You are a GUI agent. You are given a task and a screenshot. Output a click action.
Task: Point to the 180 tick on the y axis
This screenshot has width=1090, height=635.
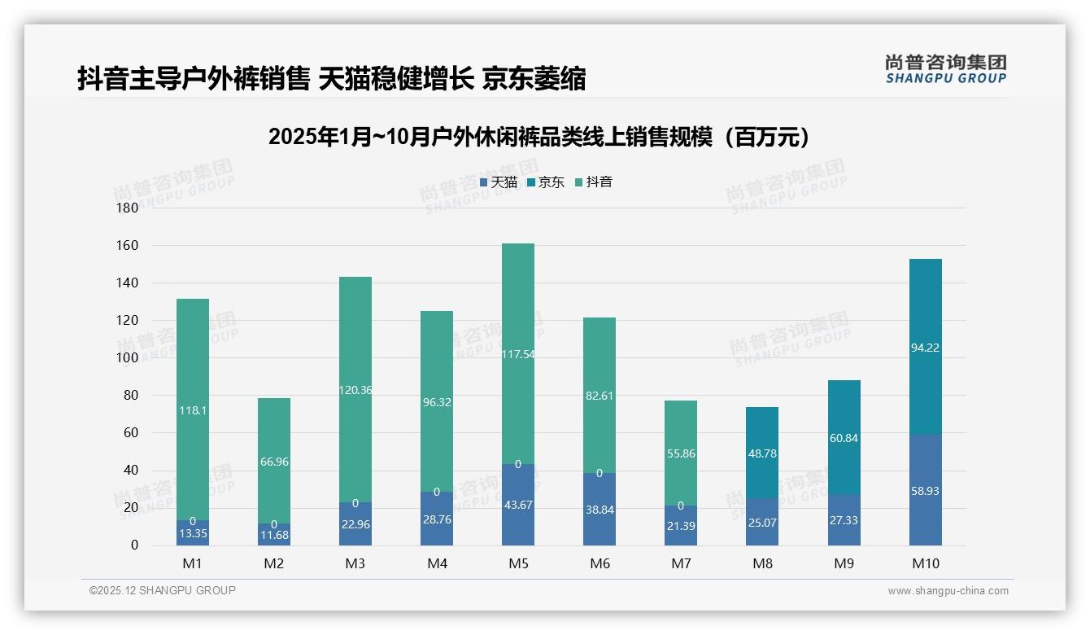129,208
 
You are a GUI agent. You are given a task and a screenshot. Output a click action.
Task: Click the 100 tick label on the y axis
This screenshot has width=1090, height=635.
129,357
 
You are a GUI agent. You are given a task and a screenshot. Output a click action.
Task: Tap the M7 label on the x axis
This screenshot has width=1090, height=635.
681,563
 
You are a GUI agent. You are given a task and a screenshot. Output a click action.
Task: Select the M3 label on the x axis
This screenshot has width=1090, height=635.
355,563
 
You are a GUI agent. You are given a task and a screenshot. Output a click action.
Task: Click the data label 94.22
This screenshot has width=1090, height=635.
925,348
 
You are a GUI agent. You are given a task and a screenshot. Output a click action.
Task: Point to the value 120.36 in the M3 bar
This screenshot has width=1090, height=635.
355,390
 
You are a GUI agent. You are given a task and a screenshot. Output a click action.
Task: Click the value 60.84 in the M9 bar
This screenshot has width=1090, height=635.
844,438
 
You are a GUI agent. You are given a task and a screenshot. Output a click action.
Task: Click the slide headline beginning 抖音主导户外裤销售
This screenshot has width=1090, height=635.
331,79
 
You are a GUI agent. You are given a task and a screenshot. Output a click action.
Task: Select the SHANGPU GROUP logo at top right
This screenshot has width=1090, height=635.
945,69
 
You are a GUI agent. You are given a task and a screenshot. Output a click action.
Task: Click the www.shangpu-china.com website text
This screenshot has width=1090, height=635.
948,591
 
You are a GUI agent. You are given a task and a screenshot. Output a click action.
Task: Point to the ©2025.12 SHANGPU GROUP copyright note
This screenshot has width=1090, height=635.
163,590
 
